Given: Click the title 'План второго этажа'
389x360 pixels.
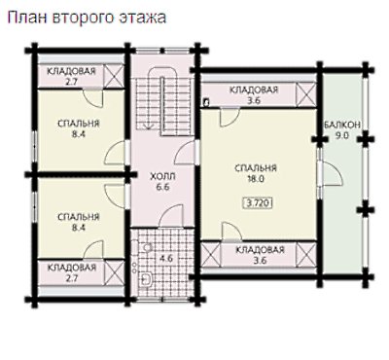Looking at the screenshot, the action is coord(87,18).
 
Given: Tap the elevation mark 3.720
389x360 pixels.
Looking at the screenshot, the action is coord(258,203).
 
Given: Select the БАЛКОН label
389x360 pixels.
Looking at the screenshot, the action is coord(342,125).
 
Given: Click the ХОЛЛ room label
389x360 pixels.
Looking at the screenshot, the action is coord(162,177).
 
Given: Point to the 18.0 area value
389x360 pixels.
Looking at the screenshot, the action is coord(256,179).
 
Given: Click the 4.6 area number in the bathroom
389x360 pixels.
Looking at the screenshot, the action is coord(166,259).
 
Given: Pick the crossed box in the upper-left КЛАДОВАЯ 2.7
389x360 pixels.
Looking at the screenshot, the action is coord(114,76).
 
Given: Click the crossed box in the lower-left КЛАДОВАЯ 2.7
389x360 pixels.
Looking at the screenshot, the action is coord(115,272).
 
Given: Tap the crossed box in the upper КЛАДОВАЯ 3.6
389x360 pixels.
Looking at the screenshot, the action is coord(306,94).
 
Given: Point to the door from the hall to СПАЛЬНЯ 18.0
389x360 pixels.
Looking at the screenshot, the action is coord(185,153).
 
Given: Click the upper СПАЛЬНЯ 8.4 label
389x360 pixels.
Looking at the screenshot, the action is coord(79,128).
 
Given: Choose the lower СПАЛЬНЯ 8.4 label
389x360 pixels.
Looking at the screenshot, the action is coord(79,222).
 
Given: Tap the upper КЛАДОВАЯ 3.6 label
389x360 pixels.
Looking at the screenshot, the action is coord(254,94).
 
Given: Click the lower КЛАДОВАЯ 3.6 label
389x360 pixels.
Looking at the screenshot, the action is coord(260,255).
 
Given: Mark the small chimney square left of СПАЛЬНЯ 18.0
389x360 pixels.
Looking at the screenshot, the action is coord(205,103).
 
